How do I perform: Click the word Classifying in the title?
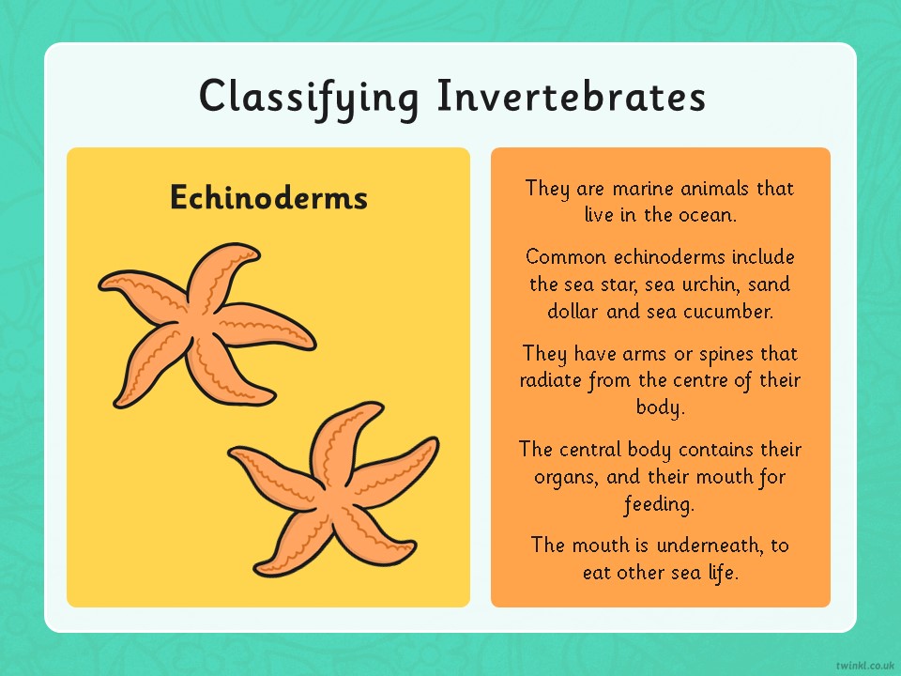[309, 99]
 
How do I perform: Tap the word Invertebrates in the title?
[572, 96]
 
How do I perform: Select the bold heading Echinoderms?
[269, 197]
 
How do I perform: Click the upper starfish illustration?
[206, 326]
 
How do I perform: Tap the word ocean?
[708, 216]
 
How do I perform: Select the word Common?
[566, 256]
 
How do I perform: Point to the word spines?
[726, 355]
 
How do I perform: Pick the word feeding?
[660, 505]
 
